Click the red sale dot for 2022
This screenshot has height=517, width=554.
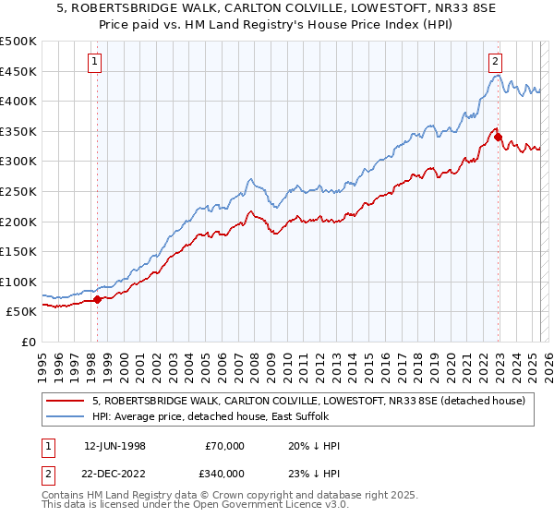tap(499, 138)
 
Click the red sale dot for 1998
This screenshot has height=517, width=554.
tap(98, 299)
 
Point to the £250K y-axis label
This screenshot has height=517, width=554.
tap(18, 191)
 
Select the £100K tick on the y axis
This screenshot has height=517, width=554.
tap(18, 282)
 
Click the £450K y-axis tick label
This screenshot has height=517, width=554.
tap(18, 71)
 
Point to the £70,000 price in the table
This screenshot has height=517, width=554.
tap(225, 446)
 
